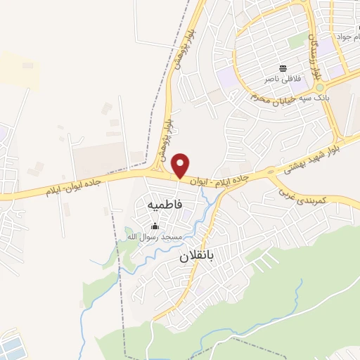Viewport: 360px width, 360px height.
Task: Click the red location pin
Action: point(181,165)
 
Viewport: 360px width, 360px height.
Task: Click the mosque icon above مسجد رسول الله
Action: point(155,226)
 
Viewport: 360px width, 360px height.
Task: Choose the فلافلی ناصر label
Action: point(283,79)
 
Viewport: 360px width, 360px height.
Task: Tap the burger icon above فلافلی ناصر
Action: point(283,68)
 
